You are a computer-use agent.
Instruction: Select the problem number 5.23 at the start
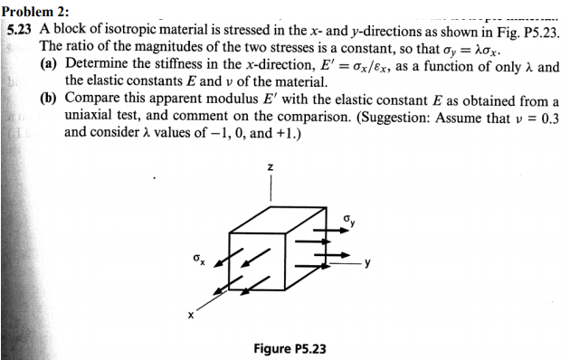click(19, 29)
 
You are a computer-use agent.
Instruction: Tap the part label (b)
click(51, 101)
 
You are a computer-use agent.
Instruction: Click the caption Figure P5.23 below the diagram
click(290, 348)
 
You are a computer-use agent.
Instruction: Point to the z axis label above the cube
click(271, 167)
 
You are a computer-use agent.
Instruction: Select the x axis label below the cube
click(191, 316)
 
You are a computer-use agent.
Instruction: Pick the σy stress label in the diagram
click(349, 220)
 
